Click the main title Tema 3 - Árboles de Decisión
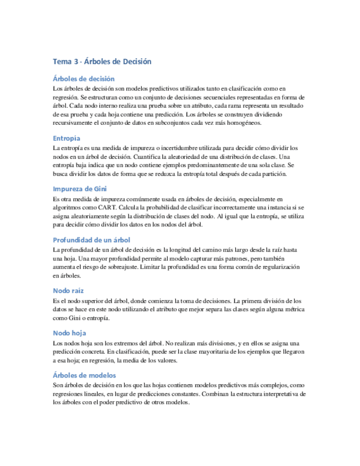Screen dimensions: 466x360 click(102, 62)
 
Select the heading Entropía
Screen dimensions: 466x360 click(67, 138)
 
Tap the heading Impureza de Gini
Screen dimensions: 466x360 click(80, 188)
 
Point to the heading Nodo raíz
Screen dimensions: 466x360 click(68, 290)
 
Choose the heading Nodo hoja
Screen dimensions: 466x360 click(69, 332)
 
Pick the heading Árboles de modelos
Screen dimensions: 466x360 click(84, 375)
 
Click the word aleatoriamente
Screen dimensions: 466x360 click(90, 216)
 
